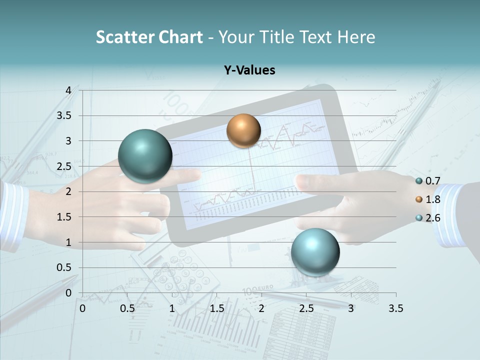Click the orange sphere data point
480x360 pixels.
[x=243, y=130]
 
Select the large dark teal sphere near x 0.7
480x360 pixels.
[x=145, y=156]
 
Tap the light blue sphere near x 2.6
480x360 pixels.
[x=315, y=251]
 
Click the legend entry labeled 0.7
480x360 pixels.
[x=428, y=181]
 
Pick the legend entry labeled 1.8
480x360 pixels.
[x=428, y=199]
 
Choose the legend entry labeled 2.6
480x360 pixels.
[x=428, y=218]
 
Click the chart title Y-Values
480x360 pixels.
[x=249, y=70]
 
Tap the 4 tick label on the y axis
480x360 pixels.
[x=68, y=90]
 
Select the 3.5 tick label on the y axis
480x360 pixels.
[x=64, y=115]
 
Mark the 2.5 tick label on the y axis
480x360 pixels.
[x=64, y=166]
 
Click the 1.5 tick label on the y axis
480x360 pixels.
[x=64, y=217]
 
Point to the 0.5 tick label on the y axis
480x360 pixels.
[x=64, y=267]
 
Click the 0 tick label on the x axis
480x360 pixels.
[x=82, y=308]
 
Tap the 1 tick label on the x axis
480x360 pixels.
[x=172, y=308]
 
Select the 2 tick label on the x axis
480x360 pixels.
[x=261, y=308]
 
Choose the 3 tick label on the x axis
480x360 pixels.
[x=351, y=308]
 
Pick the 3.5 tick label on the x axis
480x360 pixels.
[x=395, y=308]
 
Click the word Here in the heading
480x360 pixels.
[x=356, y=37]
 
